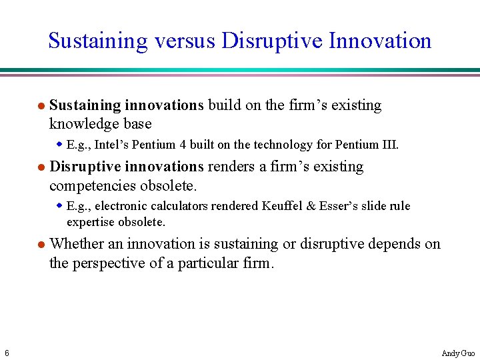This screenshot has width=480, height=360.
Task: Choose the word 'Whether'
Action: pos(76,244)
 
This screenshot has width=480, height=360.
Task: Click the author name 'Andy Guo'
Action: pos(458,353)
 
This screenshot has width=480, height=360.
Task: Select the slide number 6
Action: pos(6,353)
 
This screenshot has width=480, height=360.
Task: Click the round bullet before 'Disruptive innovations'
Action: pos(41,167)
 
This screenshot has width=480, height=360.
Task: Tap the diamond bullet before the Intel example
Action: pos(59,144)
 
